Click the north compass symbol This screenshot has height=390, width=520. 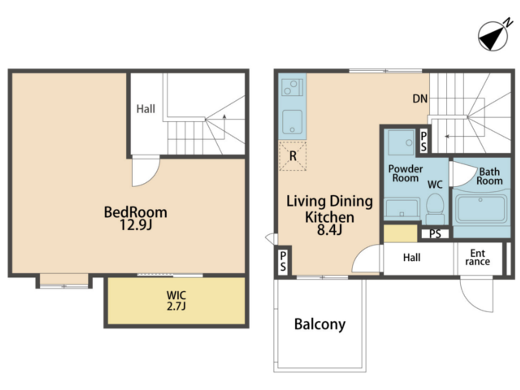click(x=493, y=36)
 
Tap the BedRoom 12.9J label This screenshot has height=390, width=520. click(x=136, y=218)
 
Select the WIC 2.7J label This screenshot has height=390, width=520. click(x=176, y=300)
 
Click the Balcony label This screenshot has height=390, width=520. click(x=320, y=324)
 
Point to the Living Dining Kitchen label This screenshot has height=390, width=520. click(x=329, y=215)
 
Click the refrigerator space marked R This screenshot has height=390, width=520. click(x=293, y=156)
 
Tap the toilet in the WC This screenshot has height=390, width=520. click(x=435, y=207)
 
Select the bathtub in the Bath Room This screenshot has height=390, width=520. click(x=481, y=209)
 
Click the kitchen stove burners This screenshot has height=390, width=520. click(x=292, y=88)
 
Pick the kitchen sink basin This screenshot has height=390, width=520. click(x=292, y=122)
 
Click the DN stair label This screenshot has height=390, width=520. click(x=420, y=99)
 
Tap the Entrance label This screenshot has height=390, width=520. click(x=478, y=257)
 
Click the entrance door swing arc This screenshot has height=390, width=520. click(x=477, y=295)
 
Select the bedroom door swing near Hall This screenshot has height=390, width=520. click(x=145, y=171)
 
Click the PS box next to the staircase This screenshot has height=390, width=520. click(x=423, y=141)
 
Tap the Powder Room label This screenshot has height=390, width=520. click(x=405, y=173)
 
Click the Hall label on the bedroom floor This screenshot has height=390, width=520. click(x=146, y=109)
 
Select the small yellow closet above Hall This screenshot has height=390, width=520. click(x=400, y=234)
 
